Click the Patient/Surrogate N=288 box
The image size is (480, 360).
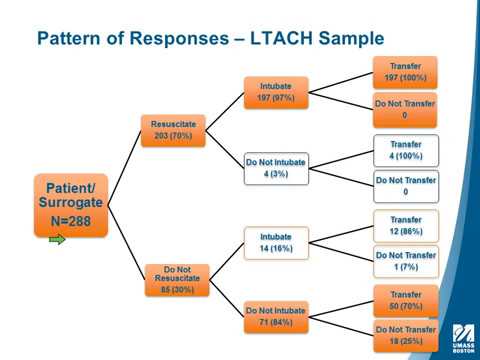tap(70, 205)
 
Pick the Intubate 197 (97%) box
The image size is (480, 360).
tap(275, 93)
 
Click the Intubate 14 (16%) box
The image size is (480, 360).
tap(275, 241)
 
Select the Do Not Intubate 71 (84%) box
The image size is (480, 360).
tap(275, 317)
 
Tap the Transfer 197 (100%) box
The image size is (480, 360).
tap(405, 71)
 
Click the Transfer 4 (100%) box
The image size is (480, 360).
tap(405, 150)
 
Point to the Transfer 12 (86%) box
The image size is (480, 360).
tap(405, 223)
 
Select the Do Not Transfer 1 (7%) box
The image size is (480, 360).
tap(405, 261)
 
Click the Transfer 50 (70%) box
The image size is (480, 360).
tap(405, 298)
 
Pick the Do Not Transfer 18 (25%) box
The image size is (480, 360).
tap(405, 334)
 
